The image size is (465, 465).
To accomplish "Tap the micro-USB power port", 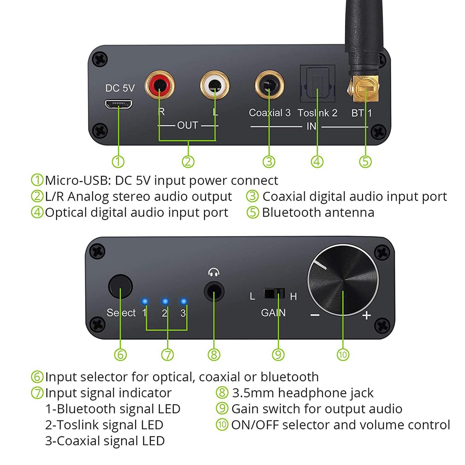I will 118,104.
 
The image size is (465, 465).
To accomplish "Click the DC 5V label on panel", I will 120,88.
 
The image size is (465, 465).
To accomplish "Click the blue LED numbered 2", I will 165,302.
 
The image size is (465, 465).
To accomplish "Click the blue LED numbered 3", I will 183,302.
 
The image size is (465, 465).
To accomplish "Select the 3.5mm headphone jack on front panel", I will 214,291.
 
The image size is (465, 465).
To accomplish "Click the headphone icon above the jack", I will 214,273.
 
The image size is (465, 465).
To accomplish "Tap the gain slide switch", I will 274,293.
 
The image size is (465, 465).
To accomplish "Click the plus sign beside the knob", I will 366,315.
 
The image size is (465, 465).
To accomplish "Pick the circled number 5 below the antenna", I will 365,162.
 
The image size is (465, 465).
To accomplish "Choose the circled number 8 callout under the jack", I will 214,355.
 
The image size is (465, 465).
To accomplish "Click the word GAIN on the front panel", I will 273,312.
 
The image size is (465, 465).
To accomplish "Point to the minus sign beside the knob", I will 315,315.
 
